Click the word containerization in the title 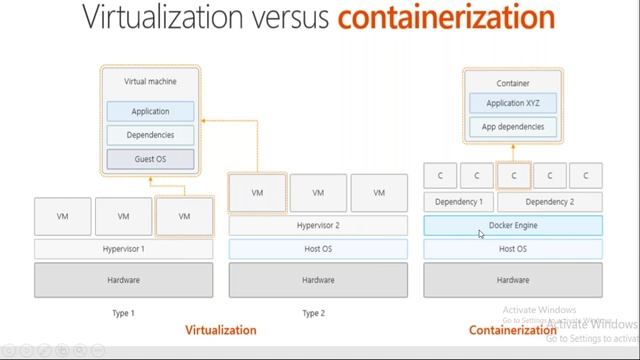(x=446, y=17)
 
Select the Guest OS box (x=151, y=159)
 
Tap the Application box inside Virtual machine (x=151, y=111)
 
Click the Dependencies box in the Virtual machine (x=151, y=135)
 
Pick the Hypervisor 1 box (x=124, y=248)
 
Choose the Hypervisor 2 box (x=318, y=225)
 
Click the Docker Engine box (x=513, y=225)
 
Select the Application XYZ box (x=513, y=103)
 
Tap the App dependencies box (x=513, y=127)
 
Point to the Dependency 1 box (x=458, y=201)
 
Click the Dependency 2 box (x=549, y=201)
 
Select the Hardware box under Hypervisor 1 (x=124, y=280)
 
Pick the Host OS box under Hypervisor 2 (x=318, y=248)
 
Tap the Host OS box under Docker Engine (x=513, y=248)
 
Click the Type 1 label (x=123, y=313)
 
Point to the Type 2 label (x=313, y=313)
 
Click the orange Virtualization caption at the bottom (x=221, y=329)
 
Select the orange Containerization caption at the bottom (x=512, y=329)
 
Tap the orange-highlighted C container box (x=513, y=175)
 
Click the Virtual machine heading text (x=150, y=80)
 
